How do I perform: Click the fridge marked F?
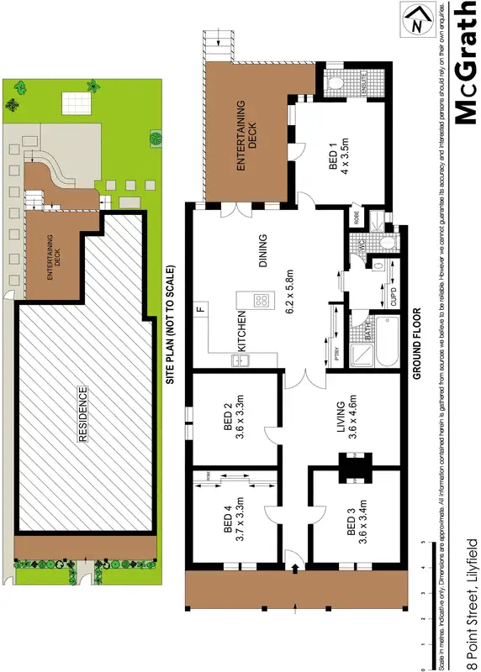(x=201, y=307)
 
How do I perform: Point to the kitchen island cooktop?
(x=262, y=298)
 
